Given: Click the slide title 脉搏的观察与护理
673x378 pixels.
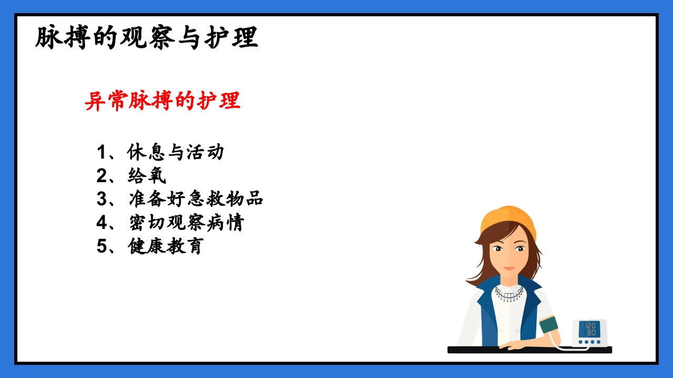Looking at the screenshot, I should (147, 38).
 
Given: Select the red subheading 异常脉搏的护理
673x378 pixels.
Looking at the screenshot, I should (162, 101).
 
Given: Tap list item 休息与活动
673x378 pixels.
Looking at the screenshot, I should (176, 152).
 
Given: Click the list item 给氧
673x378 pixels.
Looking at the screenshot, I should (147, 176).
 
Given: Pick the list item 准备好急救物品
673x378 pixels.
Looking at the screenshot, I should (196, 199).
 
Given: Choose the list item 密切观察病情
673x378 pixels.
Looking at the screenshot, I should (186, 223).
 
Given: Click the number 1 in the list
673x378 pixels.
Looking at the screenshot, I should (101, 153).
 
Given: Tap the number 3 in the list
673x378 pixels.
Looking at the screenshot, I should (101, 199).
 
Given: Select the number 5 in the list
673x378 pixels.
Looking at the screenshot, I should (101, 246).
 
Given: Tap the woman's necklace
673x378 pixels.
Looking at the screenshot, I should (509, 295).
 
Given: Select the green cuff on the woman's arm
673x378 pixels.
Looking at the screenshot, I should (548, 324).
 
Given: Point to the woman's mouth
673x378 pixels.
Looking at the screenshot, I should (509, 268).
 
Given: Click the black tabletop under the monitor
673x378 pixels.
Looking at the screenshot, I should (529, 350).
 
